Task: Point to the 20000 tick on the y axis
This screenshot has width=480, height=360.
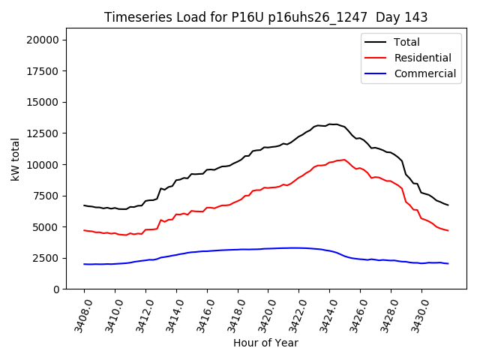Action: (44, 40)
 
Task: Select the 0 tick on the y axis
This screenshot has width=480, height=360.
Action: (56, 289)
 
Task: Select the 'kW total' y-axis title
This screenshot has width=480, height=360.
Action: (16, 159)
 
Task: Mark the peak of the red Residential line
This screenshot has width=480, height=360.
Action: (343, 160)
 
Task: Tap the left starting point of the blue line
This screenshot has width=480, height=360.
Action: (84, 264)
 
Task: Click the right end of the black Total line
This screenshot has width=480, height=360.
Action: (448, 205)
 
